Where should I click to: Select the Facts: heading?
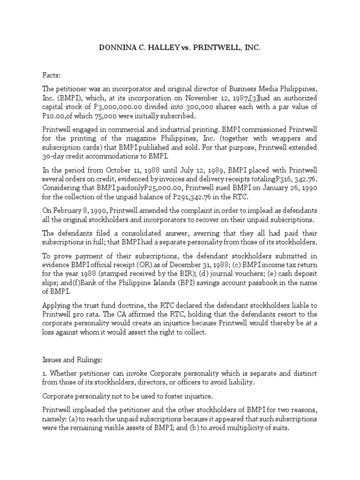(52, 74)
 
